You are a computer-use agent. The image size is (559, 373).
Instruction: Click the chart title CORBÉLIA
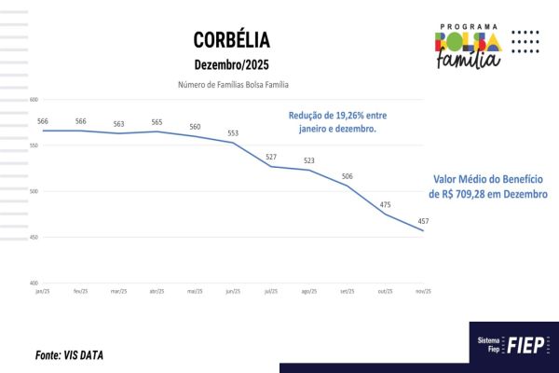coord(231,39)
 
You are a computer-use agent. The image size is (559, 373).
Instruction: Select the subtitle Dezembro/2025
coord(231,65)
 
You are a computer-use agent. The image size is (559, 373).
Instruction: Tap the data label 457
coord(424,221)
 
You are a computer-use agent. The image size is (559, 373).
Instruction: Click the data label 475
coord(386,204)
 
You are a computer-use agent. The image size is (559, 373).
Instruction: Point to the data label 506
coord(347,176)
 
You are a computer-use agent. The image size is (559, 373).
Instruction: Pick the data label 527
coord(271,157)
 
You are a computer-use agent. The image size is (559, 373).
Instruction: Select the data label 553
coord(233,133)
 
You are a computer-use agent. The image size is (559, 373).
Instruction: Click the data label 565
coord(157,122)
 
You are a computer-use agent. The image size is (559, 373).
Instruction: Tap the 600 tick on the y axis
coord(34,100)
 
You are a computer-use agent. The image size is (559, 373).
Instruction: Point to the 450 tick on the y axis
coord(34,238)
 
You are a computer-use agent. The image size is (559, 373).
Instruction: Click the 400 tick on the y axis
coord(34,283)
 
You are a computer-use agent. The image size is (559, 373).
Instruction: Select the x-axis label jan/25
coord(42,291)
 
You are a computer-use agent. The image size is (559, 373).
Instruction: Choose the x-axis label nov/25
coord(424,291)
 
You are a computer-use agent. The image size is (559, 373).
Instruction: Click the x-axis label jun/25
coord(233,291)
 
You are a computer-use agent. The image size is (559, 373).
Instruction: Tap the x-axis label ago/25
coord(309,291)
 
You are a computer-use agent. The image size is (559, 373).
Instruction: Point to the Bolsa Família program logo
coord(469,45)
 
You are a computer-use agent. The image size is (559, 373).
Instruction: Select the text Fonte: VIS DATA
coord(69,355)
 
